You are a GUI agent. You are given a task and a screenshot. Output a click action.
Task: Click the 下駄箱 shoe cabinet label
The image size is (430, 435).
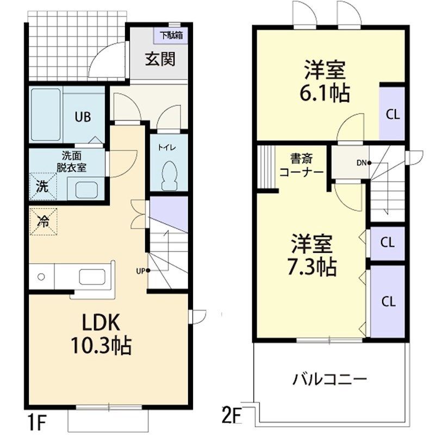171,35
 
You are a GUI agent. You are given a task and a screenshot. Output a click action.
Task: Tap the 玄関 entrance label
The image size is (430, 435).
160,59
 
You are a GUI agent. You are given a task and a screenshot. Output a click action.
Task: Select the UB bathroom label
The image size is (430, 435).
83,117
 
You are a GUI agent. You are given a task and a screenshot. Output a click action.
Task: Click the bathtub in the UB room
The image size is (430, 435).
46,115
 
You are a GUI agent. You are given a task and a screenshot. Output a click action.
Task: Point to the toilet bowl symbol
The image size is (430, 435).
169,176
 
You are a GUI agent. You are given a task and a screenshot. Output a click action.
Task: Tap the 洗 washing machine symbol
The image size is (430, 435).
43,187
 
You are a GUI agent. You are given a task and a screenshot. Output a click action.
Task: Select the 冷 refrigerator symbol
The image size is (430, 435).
43,222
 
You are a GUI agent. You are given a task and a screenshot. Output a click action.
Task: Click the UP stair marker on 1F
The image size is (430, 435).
143,270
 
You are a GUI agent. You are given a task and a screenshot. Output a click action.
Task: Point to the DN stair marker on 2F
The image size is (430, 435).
364,163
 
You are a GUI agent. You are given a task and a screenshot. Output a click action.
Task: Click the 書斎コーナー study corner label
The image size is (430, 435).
302,165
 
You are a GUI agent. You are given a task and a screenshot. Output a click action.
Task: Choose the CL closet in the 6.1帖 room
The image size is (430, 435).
392,113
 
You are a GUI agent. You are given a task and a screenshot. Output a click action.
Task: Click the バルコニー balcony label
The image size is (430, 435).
330,379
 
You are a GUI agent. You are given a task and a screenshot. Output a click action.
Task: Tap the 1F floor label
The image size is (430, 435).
36,422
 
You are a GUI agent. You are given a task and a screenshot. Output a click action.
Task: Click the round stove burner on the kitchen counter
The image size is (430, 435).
41,277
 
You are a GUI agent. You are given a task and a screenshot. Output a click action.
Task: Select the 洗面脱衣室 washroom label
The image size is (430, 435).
71,161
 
